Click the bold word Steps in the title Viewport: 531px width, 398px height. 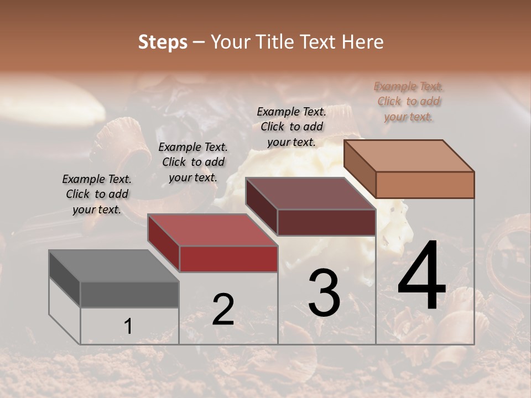point(163,42)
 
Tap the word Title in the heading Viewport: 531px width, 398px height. point(277,42)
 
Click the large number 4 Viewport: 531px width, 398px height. point(422,276)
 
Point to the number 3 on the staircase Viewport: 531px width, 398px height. point(324,293)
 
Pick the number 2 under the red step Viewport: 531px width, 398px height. point(223,310)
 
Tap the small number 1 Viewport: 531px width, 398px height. point(128,326)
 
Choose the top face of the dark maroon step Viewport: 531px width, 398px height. point(310,193)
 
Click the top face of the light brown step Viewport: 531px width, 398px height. point(409,155)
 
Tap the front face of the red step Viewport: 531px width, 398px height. point(228,259)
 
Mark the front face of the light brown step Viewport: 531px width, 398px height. point(425,185)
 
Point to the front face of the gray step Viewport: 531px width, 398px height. point(129,294)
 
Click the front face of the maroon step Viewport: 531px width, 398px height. point(326,222)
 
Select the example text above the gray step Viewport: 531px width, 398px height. point(97,194)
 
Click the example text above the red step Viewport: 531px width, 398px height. point(193,162)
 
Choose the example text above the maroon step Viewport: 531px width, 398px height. point(291,127)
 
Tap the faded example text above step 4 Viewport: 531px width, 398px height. point(409,101)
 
